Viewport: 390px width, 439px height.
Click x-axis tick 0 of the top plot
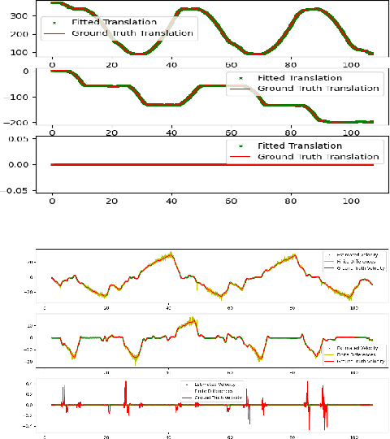tap(53, 63)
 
